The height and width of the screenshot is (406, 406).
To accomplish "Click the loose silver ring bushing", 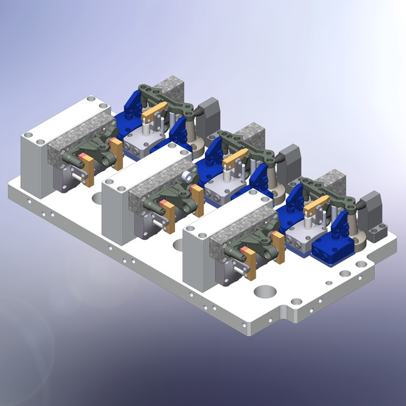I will (x=188, y=176).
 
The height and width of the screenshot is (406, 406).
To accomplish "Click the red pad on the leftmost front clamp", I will (x=83, y=157).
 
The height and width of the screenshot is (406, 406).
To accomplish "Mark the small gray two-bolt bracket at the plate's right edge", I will (x=379, y=231).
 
